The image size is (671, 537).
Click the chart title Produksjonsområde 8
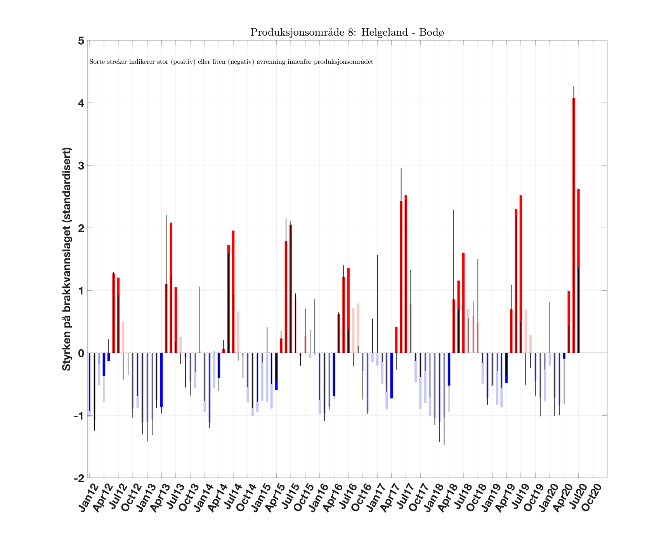[x=347, y=32]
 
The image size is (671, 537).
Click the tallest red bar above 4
[x=574, y=225]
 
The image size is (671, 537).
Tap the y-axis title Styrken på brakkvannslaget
[x=67, y=259]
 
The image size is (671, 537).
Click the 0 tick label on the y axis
[x=81, y=353]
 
